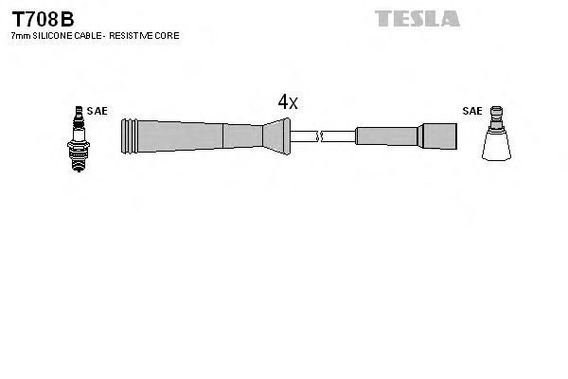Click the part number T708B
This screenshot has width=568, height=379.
43,18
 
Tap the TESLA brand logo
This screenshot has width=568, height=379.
417,18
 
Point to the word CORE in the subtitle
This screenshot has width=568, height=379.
167,35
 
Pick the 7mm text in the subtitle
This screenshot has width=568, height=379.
19,35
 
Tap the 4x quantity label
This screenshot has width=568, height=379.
288,102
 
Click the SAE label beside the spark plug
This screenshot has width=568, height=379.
97,111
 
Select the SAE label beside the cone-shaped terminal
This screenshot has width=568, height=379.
472,111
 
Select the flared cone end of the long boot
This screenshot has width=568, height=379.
276,135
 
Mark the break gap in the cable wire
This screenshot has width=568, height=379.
321,135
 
